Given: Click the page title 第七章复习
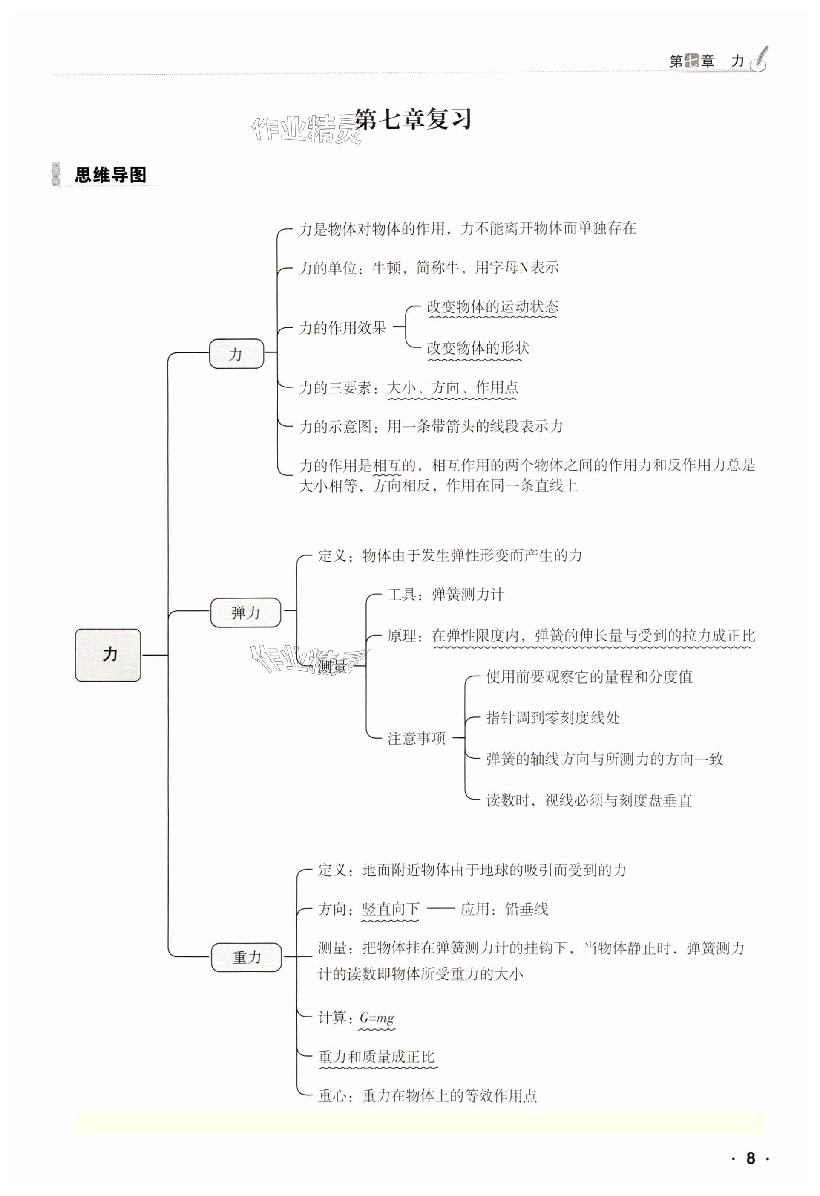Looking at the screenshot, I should click(x=413, y=120).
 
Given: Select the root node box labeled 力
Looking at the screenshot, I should click(x=108, y=655).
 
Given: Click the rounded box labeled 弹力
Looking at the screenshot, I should click(x=245, y=612).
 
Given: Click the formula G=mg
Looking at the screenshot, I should click(x=377, y=1017).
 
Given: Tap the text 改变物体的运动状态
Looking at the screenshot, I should click(x=492, y=307).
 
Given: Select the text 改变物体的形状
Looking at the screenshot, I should click(x=478, y=348).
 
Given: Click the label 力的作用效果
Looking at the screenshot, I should click(x=342, y=328).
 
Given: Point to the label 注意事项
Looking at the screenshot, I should click(x=416, y=739).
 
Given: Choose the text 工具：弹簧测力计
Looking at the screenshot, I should click(x=446, y=595).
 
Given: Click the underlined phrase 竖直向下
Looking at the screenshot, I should click(x=391, y=909).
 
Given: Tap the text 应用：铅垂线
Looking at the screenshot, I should click(x=504, y=909).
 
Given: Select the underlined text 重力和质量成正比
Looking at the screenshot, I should click(x=377, y=1057).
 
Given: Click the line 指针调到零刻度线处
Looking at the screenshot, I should click(x=553, y=718).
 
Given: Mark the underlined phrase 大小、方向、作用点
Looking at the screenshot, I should click(x=453, y=387).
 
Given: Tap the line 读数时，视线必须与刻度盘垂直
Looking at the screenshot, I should click(x=589, y=800).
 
